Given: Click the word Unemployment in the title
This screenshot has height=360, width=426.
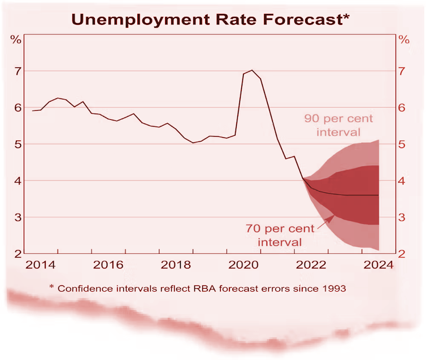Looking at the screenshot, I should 133,19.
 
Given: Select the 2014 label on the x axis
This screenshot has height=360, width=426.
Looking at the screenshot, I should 41,265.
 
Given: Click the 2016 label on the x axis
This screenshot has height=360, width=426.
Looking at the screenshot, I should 108,265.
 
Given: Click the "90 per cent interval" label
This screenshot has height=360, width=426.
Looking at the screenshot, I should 338,125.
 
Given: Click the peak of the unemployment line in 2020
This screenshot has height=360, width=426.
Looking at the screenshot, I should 252,71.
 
